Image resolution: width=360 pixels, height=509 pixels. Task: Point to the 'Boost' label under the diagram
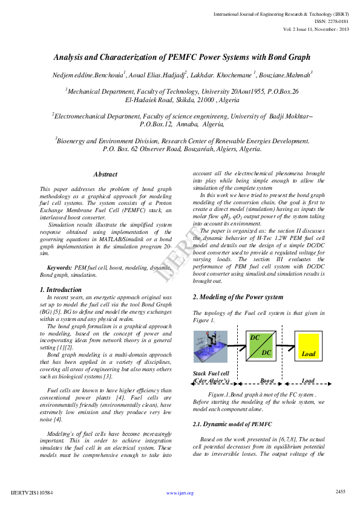[267, 381]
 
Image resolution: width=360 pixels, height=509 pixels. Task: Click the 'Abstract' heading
[105, 174]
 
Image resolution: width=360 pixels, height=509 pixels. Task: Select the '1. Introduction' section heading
[64, 290]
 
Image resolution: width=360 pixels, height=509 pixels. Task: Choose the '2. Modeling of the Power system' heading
[237, 297]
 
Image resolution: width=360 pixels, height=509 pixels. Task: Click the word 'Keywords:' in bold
[60, 267]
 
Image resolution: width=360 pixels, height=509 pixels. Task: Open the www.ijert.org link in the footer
[180, 493]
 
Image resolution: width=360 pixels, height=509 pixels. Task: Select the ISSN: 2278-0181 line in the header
[332, 21]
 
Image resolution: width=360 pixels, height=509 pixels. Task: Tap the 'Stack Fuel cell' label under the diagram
[211, 374]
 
